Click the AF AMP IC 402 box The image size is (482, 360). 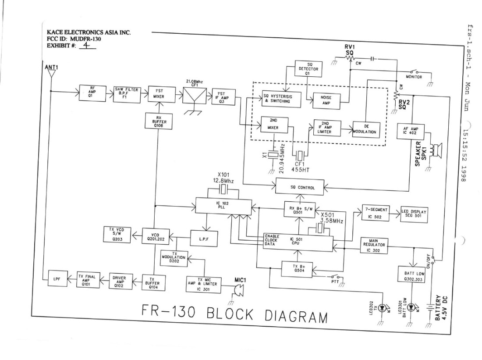coord(409,130)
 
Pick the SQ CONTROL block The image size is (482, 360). coord(302,188)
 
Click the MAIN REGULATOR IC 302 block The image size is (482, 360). coord(374,246)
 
